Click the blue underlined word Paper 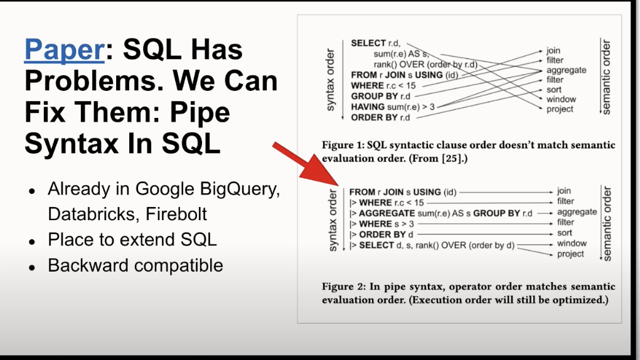tap(65, 50)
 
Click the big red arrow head tap(322, 171)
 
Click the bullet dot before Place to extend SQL tap(32, 241)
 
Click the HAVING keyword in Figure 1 tap(368, 107)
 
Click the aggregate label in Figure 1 tap(566, 70)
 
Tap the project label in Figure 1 tap(560, 109)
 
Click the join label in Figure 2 tap(563, 191)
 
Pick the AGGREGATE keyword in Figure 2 tap(387, 213)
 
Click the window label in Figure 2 tap(572, 243)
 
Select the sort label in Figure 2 tap(565, 233)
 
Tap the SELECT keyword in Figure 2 tap(376, 245)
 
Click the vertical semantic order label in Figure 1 tap(606, 77)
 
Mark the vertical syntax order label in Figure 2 tap(333, 220)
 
